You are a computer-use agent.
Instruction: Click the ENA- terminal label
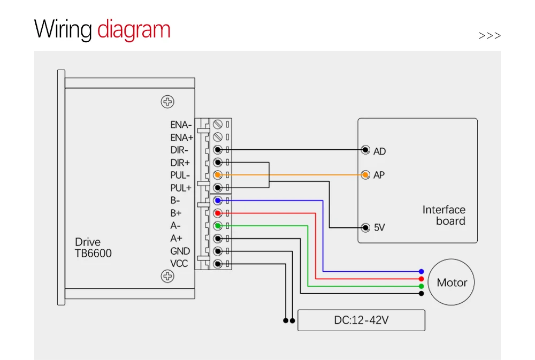[181, 125]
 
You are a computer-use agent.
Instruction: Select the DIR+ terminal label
[180, 163]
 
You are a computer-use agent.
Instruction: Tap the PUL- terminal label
[180, 175]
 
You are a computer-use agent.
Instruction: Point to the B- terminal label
[175, 201]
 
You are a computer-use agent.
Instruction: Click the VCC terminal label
[179, 264]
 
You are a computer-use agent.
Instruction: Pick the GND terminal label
[180, 251]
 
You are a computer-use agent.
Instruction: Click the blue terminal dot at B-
[218, 201]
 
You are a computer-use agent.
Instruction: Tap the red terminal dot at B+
[218, 213]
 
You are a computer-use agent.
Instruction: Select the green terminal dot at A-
[218, 226]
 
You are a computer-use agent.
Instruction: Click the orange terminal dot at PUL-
[218, 175]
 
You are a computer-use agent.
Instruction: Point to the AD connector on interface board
[365, 150]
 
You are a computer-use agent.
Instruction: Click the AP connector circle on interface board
[365, 175]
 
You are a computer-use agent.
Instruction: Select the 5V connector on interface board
[365, 228]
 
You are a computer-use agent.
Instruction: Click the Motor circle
[452, 282]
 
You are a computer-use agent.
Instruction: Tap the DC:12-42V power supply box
[361, 320]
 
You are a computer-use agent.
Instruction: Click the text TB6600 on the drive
[93, 254]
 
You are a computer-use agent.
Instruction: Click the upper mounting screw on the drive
[168, 102]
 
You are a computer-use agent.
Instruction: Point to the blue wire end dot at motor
[422, 272]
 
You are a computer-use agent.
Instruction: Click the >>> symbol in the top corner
[490, 36]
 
